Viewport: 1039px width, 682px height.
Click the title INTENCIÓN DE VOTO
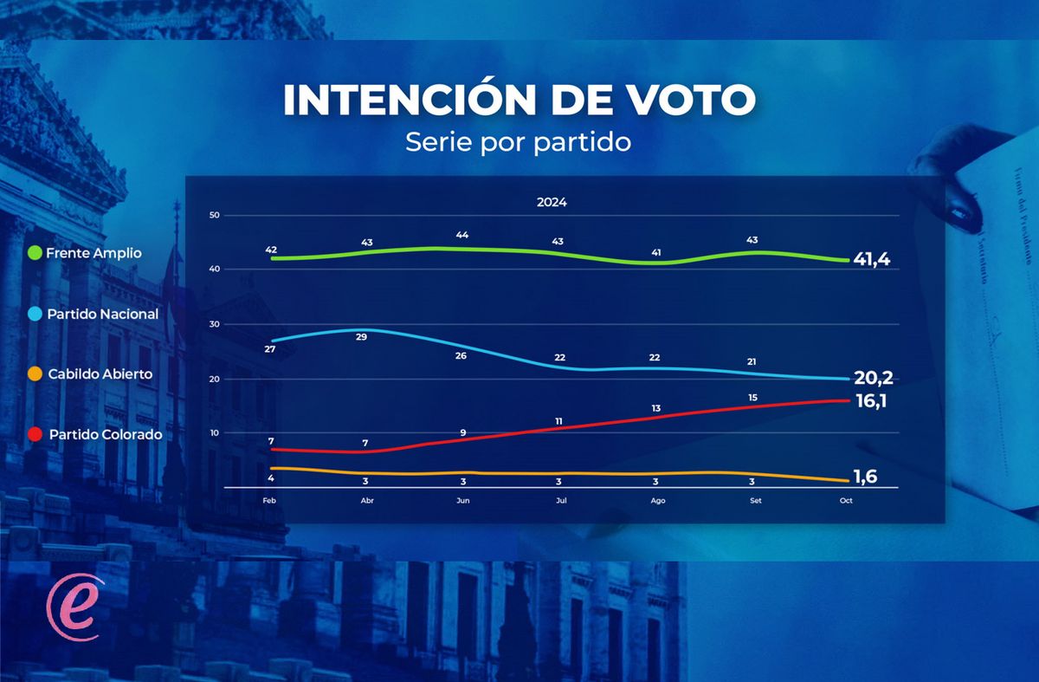click(519, 101)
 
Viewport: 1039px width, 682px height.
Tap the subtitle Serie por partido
click(518, 142)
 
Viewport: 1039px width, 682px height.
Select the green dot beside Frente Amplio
click(35, 253)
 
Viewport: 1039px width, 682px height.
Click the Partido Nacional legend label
click(104, 315)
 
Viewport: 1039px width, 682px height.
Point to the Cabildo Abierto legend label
click(100, 374)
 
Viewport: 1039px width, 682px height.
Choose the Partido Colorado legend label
click(105, 434)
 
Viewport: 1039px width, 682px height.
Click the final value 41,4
click(872, 259)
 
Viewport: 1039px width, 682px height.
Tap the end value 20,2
click(873, 378)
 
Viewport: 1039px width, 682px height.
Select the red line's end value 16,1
click(872, 401)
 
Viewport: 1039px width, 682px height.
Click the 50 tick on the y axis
click(215, 215)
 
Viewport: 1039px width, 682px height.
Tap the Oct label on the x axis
click(846, 502)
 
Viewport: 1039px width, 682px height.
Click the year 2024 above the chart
click(552, 203)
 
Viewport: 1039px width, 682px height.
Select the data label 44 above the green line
click(461, 236)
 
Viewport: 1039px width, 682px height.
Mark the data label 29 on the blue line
click(362, 336)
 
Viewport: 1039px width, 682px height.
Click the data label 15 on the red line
click(752, 397)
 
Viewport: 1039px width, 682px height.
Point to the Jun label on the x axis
click(463, 502)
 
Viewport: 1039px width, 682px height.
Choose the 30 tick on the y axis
click(215, 324)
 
